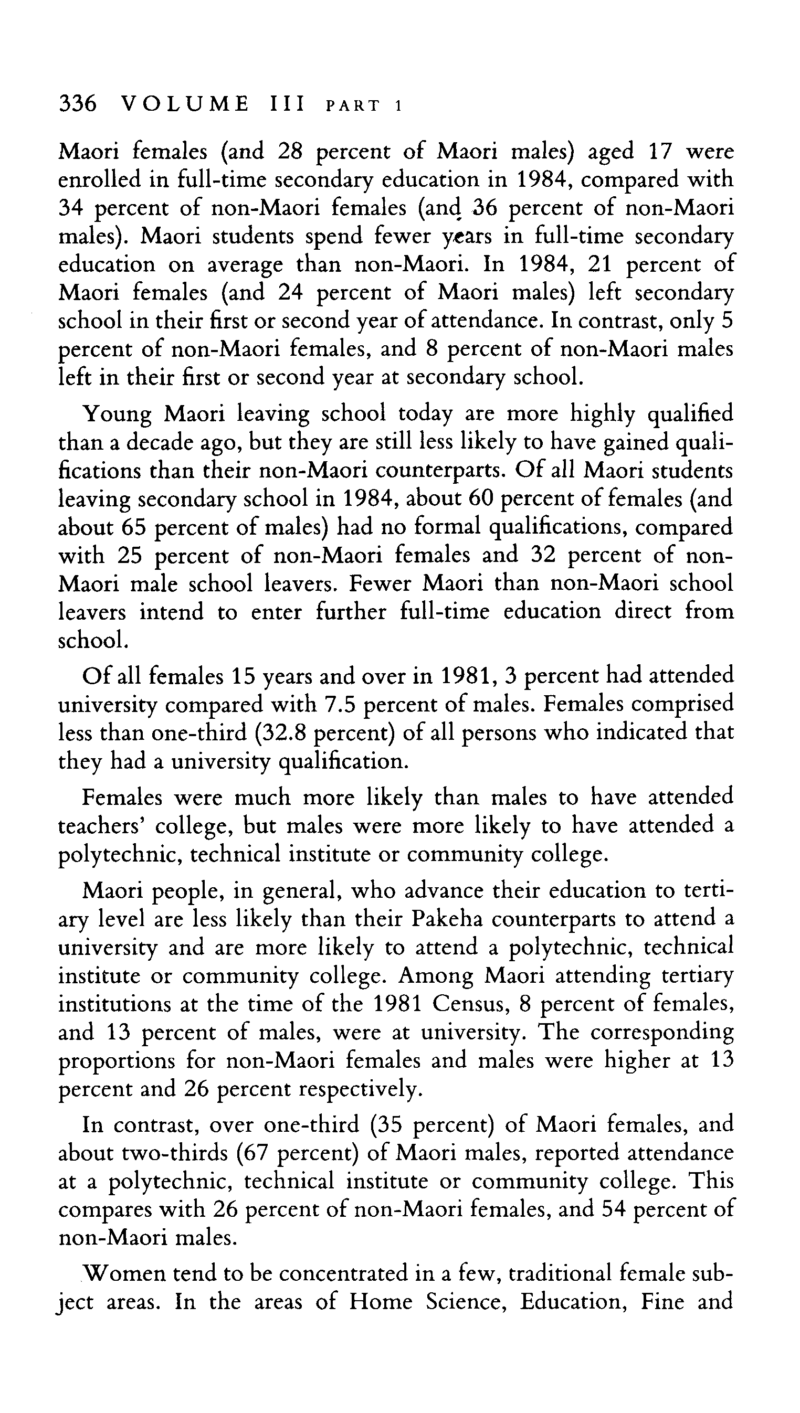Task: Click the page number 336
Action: tap(78, 104)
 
